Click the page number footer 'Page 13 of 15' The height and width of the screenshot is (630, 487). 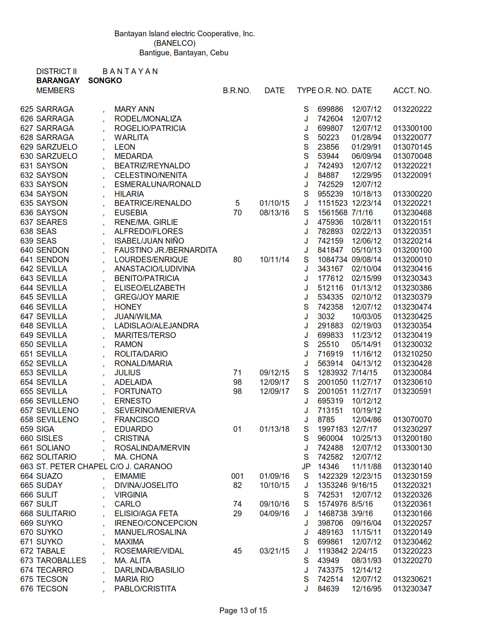click(x=243, y=611)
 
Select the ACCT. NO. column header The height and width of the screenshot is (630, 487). click(x=412, y=90)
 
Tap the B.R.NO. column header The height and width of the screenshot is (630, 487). click(x=237, y=90)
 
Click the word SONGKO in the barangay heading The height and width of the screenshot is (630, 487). click(x=105, y=81)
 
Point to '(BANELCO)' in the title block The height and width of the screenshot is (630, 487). click(x=175, y=43)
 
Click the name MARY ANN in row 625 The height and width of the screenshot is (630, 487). click(x=134, y=109)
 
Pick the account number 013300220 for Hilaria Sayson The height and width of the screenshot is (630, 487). click(x=413, y=194)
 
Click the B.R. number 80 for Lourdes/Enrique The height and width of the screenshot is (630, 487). click(x=237, y=260)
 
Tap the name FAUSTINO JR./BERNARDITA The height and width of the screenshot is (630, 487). click(x=165, y=250)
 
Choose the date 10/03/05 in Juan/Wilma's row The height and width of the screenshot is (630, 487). click(x=366, y=317)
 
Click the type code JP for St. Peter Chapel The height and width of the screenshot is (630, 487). click(x=306, y=467)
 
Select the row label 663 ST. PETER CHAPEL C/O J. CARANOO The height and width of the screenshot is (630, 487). click(x=96, y=467)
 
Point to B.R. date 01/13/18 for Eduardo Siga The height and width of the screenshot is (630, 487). click(x=274, y=429)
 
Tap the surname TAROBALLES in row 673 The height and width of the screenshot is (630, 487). click(x=61, y=561)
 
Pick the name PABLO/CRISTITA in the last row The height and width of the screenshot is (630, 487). click(x=145, y=589)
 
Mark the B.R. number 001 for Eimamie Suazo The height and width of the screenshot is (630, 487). click(x=237, y=476)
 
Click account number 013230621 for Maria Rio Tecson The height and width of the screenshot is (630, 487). click(x=413, y=579)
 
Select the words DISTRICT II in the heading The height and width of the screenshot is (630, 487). click(x=57, y=71)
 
